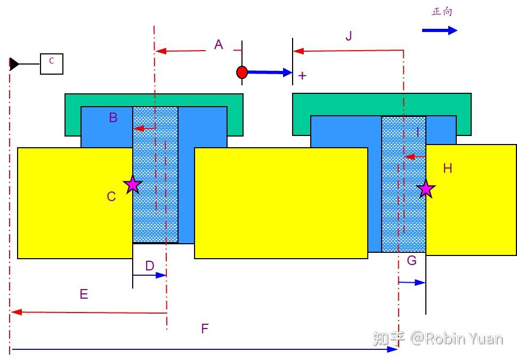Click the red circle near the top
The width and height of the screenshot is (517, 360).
pyautogui.click(x=242, y=72)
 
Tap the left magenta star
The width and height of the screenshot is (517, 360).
pyautogui.click(x=133, y=184)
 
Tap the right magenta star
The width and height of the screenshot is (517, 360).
pyautogui.click(x=426, y=188)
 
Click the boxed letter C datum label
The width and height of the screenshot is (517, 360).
pyautogui.click(x=52, y=64)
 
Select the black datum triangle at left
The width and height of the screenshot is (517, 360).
pyautogui.click(x=14, y=64)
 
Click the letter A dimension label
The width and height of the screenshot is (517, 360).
pyautogui.click(x=219, y=44)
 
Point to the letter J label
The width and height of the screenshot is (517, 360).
pyautogui.click(x=349, y=35)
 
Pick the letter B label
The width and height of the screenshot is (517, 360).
pyautogui.click(x=113, y=117)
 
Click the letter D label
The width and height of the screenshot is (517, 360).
pyautogui.click(x=150, y=266)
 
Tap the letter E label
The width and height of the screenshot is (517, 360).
pyautogui.click(x=84, y=294)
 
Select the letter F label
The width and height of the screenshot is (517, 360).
pyautogui.click(x=205, y=329)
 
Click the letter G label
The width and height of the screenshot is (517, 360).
pyautogui.click(x=412, y=260)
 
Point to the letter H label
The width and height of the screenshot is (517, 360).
pyautogui.click(x=447, y=169)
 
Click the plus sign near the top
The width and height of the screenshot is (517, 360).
pyautogui.click(x=302, y=76)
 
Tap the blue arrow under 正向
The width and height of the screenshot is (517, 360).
pyautogui.click(x=440, y=30)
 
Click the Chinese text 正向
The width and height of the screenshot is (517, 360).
pyautogui.click(x=442, y=12)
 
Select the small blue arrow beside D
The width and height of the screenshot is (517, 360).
pyautogui.click(x=149, y=275)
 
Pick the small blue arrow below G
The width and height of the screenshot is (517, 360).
pyautogui.click(x=412, y=282)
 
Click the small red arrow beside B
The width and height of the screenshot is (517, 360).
pyautogui.click(x=144, y=129)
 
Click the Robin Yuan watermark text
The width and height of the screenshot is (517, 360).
pyautogui.click(x=438, y=339)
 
